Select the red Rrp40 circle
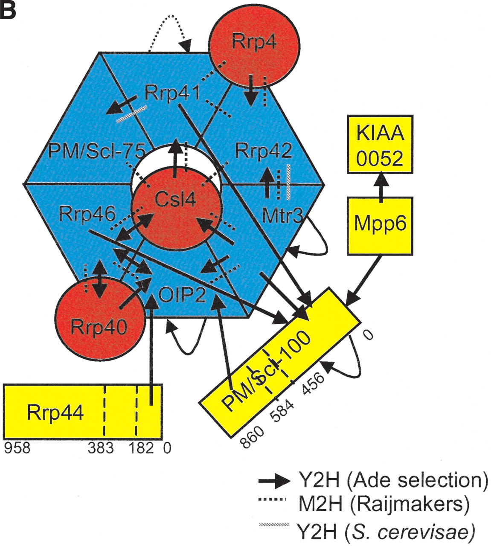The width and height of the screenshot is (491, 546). coord(99,320)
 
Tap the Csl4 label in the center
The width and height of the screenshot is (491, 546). coord(175,199)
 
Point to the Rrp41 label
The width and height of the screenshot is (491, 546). coord(172,93)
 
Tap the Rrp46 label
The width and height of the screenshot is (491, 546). coord(87,214)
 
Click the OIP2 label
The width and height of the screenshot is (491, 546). coord(182,295)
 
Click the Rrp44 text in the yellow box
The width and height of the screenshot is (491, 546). coord(55,412)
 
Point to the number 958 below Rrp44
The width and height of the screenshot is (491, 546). coord(17,448)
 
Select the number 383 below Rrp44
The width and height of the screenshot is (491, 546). coord(101,448)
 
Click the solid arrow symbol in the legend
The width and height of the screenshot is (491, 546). coord(273,481)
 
